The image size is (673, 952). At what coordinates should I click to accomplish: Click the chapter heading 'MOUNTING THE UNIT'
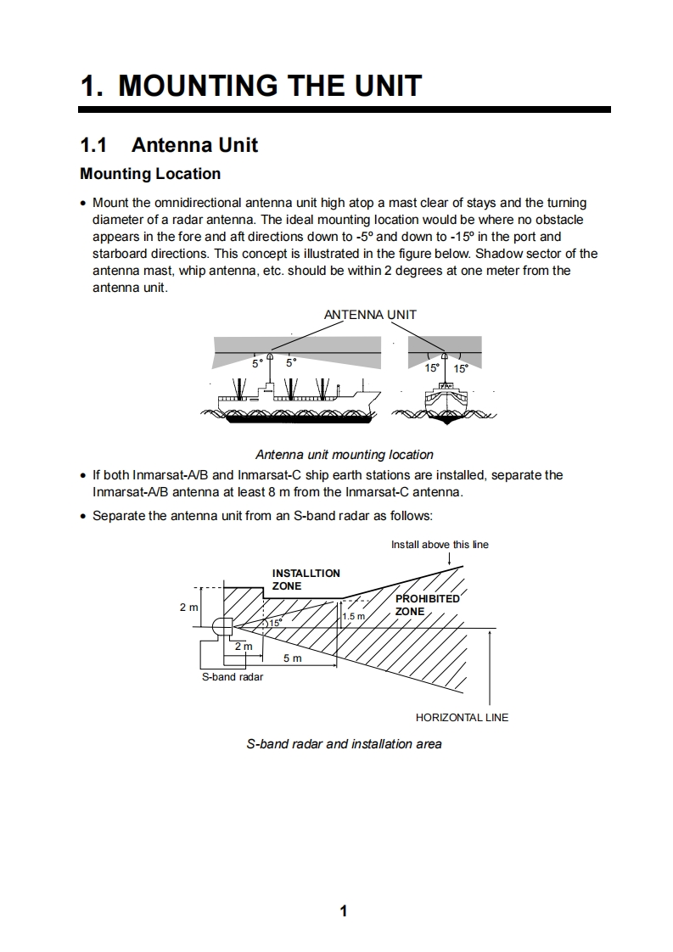tap(270, 86)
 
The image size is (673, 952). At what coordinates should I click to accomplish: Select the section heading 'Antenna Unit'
tap(194, 145)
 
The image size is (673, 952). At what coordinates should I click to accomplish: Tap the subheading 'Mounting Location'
tap(150, 174)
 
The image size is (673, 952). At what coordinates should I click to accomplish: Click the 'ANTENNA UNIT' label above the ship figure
tap(370, 315)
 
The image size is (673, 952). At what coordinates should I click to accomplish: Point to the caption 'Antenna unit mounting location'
tap(344, 455)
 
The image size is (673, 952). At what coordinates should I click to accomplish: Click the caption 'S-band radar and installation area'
tap(344, 744)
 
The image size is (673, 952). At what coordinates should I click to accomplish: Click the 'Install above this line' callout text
tap(440, 545)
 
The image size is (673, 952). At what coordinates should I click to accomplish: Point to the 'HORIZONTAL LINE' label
tap(462, 718)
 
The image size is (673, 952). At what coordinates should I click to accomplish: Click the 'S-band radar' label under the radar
tap(232, 677)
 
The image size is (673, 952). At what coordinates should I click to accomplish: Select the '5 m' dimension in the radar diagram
tap(292, 658)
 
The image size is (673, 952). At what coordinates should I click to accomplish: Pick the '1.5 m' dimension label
tap(353, 617)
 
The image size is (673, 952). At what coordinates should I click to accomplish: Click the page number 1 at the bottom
tap(343, 911)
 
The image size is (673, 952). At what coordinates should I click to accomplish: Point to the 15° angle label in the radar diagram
tap(275, 624)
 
